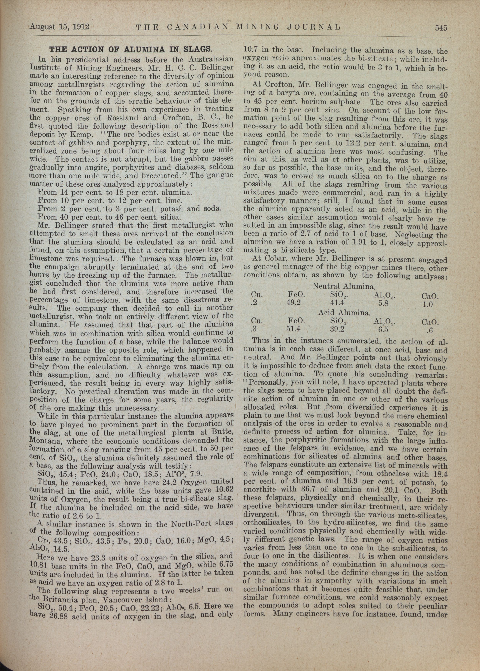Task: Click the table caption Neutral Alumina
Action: click(344, 286)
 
